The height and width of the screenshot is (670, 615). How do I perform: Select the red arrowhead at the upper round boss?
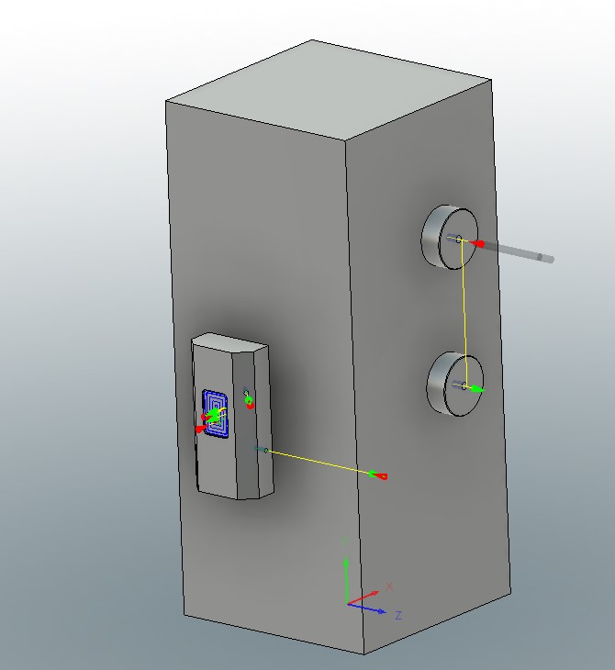click(477, 244)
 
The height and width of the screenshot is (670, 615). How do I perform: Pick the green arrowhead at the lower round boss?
click(477, 390)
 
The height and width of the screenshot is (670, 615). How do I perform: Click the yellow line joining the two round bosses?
click(464, 312)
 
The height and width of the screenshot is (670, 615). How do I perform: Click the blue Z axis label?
click(398, 615)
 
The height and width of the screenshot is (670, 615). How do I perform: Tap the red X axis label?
click(389, 586)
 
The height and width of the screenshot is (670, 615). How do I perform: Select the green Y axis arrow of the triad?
click(345, 574)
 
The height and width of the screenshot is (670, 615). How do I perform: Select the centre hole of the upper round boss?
click(459, 240)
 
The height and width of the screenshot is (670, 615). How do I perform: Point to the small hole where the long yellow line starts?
click(266, 450)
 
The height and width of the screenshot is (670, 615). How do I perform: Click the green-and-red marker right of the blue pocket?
click(248, 400)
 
